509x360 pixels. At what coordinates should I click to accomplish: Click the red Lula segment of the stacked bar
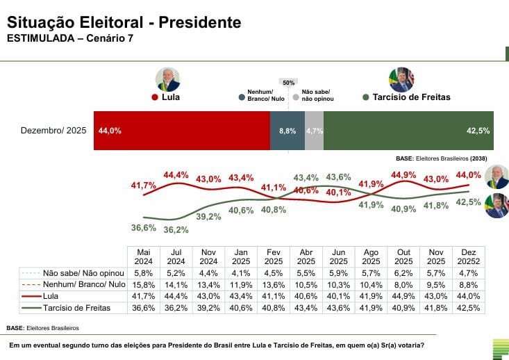click(182, 130)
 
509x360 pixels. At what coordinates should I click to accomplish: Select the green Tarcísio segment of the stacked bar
click(408, 130)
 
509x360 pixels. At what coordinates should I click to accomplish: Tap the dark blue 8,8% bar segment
click(287, 130)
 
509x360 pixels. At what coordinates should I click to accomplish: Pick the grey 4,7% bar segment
click(314, 130)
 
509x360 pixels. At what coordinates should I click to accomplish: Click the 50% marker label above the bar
click(288, 82)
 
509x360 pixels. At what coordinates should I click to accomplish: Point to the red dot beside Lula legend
click(154, 97)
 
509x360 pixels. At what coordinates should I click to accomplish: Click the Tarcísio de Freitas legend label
click(411, 97)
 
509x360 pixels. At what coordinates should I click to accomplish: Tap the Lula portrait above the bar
click(168, 79)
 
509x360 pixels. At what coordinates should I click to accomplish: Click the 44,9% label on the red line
click(403, 174)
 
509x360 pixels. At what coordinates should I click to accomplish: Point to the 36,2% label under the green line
click(176, 229)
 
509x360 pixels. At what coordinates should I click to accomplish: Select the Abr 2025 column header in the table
click(306, 256)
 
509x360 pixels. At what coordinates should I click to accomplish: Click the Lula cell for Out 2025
click(403, 297)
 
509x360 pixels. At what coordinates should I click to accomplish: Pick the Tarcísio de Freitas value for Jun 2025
click(338, 307)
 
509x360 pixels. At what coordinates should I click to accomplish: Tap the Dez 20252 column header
click(469, 256)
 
